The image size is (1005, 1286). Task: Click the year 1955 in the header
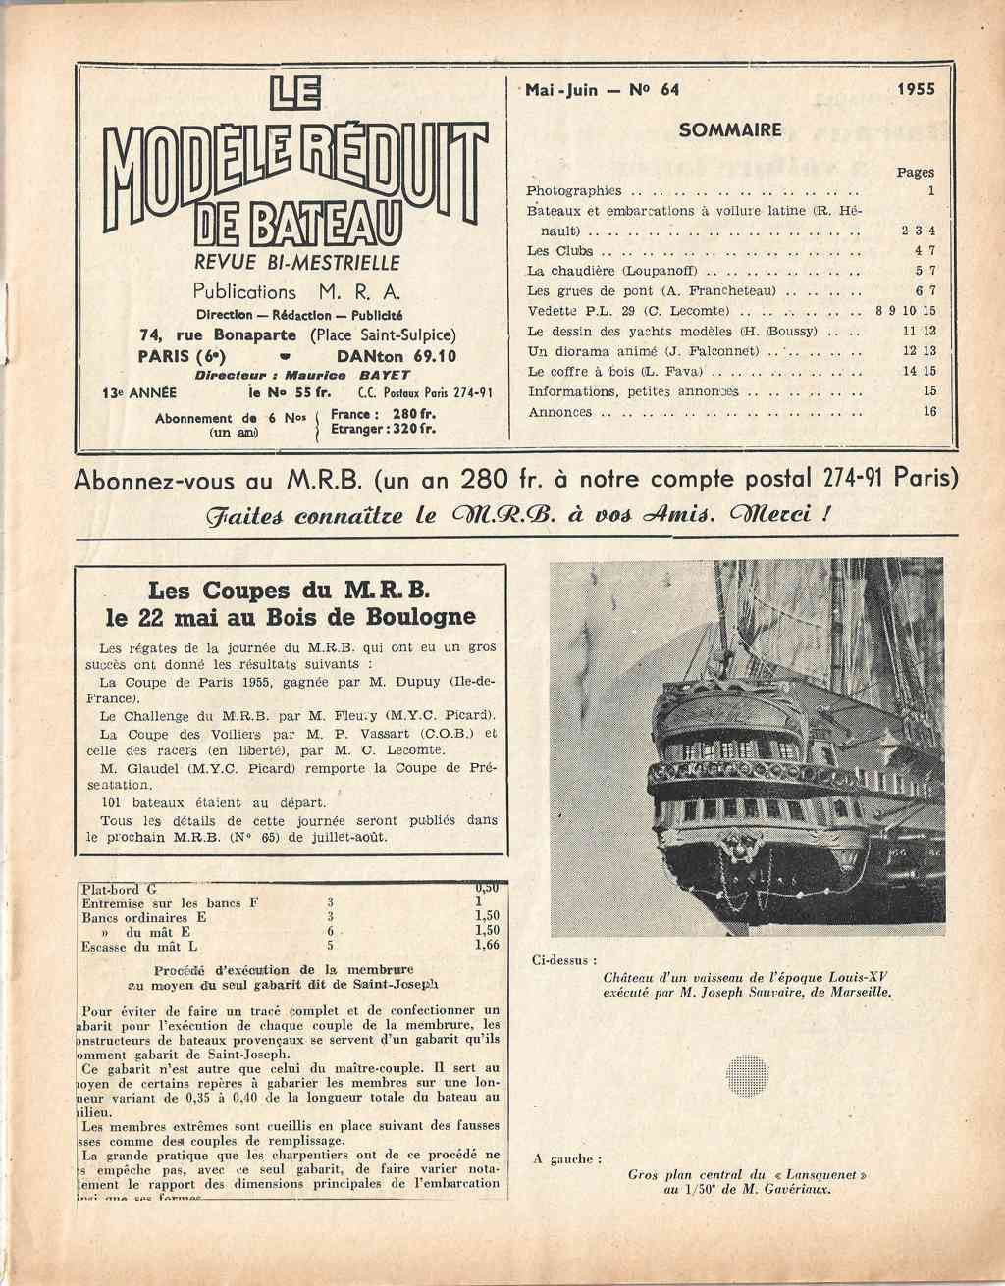(x=916, y=89)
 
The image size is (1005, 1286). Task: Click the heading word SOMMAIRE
(x=730, y=129)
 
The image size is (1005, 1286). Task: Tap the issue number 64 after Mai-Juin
(x=670, y=89)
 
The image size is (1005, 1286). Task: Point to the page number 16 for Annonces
(x=928, y=412)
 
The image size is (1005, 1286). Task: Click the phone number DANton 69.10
(x=396, y=356)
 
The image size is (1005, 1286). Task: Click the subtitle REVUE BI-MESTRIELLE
(x=297, y=263)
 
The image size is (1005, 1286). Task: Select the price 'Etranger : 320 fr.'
(x=383, y=429)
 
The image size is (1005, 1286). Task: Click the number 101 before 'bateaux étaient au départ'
(x=114, y=802)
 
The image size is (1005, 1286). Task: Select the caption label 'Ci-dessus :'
(x=564, y=961)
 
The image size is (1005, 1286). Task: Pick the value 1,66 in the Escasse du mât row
(x=487, y=946)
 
